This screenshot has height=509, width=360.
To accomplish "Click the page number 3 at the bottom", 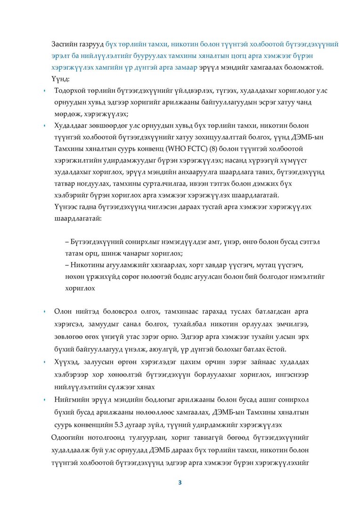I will click(180, 483).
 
